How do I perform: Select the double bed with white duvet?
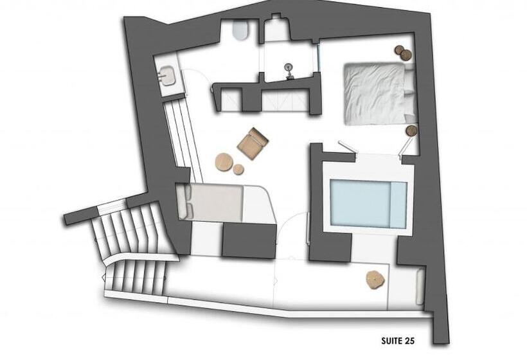[x=375, y=93]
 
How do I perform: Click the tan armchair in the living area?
[x=252, y=143]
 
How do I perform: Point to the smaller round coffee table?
[x=238, y=170]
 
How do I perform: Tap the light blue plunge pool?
[x=368, y=204]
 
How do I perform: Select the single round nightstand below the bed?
[x=411, y=130]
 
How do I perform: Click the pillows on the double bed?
[x=409, y=93]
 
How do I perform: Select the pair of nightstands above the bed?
[x=403, y=53]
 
